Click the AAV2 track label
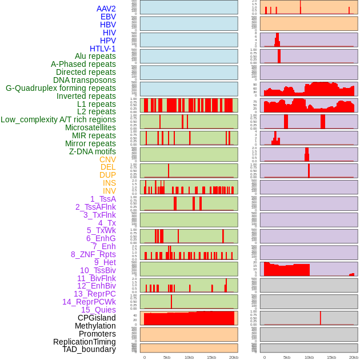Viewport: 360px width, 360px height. [x=106, y=9]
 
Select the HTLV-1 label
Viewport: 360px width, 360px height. [x=102, y=49]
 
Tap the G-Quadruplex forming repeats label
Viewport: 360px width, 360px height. [x=61, y=88]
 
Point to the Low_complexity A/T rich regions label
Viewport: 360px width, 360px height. [x=58, y=119]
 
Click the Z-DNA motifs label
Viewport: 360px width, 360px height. [x=92, y=151]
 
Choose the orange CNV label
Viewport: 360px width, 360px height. [x=107, y=159]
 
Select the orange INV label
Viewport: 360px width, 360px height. [x=109, y=191]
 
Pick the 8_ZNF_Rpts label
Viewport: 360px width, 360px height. [x=93, y=254]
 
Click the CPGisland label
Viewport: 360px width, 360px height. [x=97, y=318]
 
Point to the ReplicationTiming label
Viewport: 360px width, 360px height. [x=85, y=342]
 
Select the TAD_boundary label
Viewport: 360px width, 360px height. [x=89, y=349]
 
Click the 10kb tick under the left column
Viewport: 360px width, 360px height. [x=189, y=357]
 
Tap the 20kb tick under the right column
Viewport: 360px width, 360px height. [x=354, y=357]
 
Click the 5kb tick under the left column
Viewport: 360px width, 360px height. [x=167, y=357]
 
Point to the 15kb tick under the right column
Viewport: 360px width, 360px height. [x=331, y=357]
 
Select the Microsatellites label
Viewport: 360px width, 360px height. [x=90, y=127]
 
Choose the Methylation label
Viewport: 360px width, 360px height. [x=95, y=326]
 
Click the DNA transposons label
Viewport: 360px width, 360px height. [x=85, y=80]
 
